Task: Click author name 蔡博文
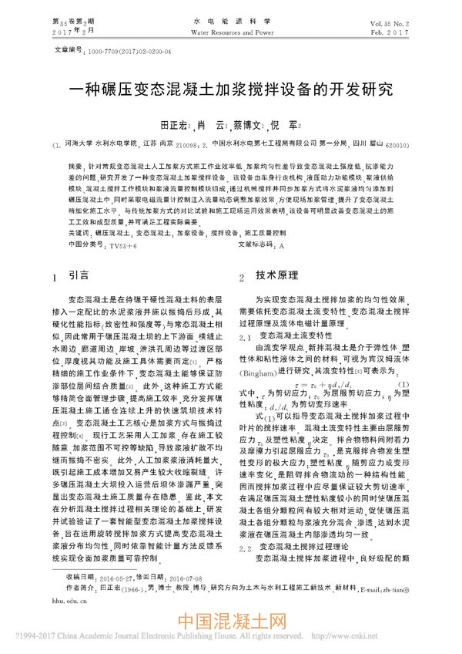tap(247, 123)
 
